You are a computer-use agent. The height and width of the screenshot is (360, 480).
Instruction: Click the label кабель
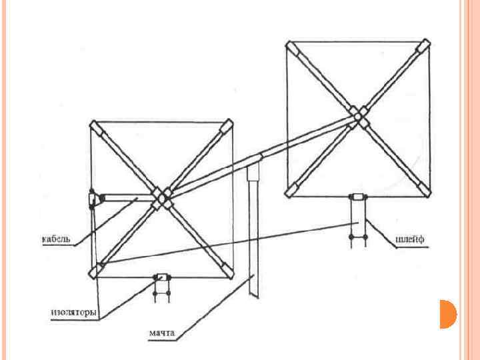(x=56, y=238)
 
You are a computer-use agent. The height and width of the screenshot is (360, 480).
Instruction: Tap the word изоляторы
(x=74, y=312)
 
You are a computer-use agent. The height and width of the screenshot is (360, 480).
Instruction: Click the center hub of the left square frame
(x=161, y=197)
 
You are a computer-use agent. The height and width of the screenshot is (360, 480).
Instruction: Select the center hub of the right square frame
(x=360, y=118)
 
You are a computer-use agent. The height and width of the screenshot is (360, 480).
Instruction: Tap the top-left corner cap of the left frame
(x=95, y=127)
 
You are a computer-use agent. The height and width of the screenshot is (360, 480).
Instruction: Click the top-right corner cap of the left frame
(x=228, y=127)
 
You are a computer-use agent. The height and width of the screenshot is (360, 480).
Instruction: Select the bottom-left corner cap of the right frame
(x=292, y=191)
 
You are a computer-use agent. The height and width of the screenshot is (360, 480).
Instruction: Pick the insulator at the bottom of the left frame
(x=161, y=277)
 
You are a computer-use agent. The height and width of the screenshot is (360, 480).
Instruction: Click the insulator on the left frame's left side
(x=93, y=199)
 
